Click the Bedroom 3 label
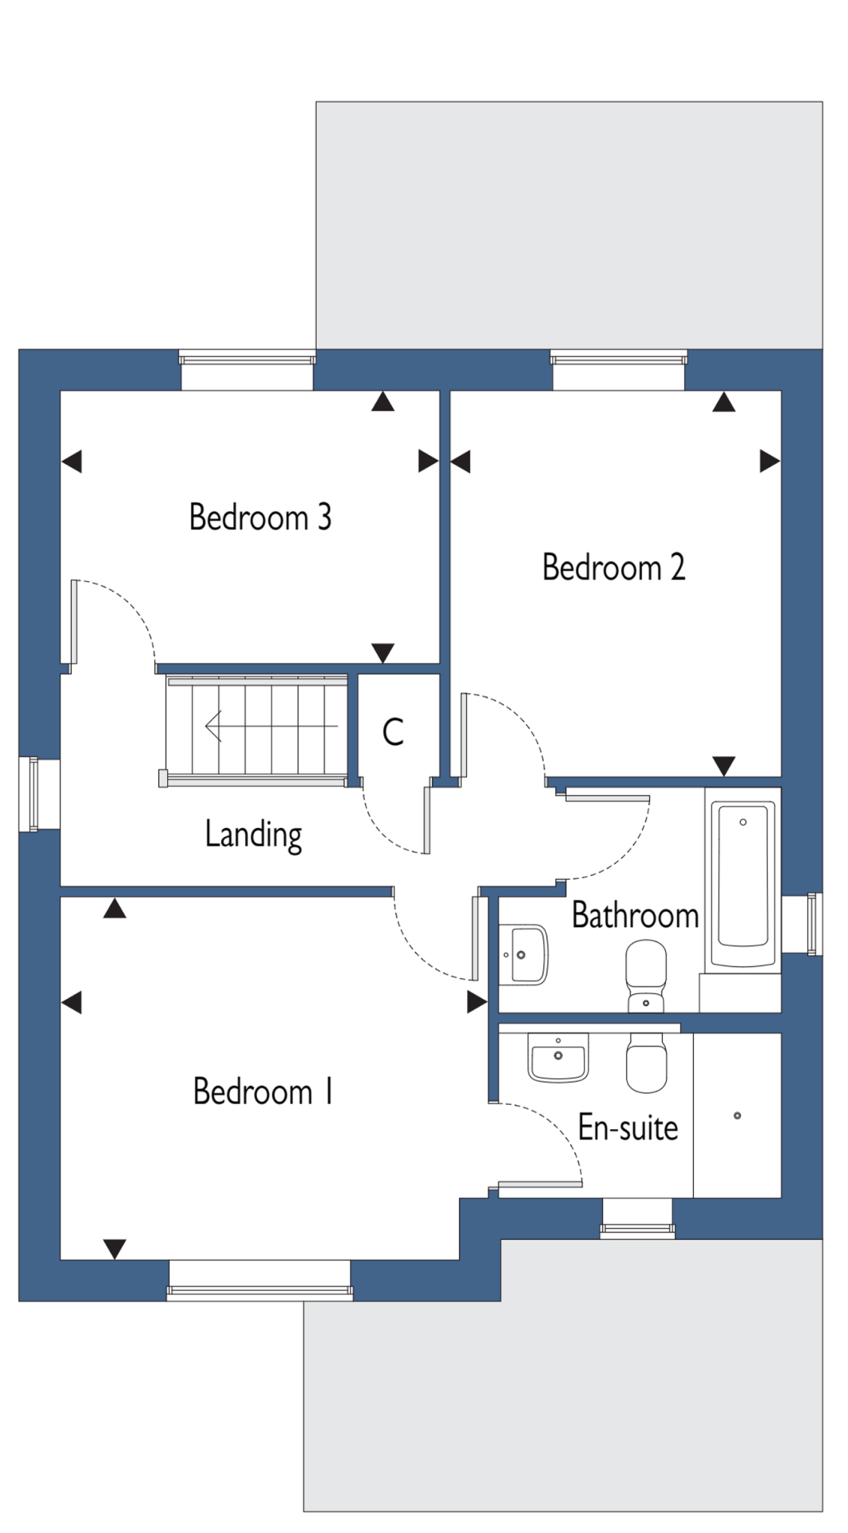pyautogui.click(x=260, y=517)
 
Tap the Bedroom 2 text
pyautogui.click(x=613, y=568)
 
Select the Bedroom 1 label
pyautogui.click(x=263, y=1091)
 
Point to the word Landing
pyautogui.click(x=253, y=835)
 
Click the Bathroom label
pyautogui.click(x=636, y=915)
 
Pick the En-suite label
pyautogui.click(x=628, y=1127)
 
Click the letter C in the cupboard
pyautogui.click(x=393, y=731)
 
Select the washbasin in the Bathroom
pyautogui.click(x=524, y=953)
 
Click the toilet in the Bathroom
pyautogui.click(x=646, y=975)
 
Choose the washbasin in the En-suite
pyautogui.click(x=557, y=1058)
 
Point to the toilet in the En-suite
pyautogui.click(x=646, y=1063)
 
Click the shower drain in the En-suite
pyautogui.click(x=737, y=1115)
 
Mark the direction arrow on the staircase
pyautogui.click(x=271, y=726)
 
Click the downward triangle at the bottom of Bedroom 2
pyautogui.click(x=723, y=766)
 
